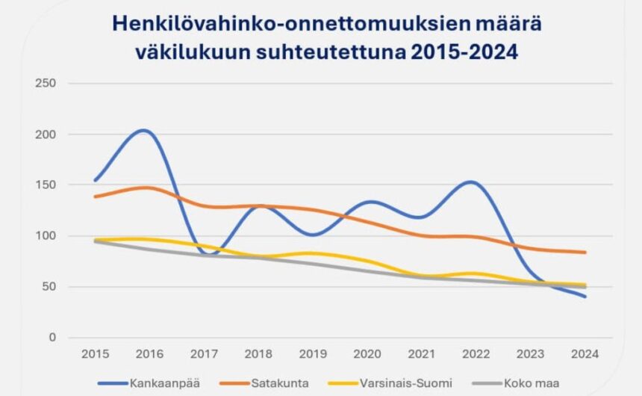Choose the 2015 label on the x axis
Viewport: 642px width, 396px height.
[96, 353]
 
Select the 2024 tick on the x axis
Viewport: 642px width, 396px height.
[585, 353]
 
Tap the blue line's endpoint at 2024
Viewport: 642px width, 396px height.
[585, 297]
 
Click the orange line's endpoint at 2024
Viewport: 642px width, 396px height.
[585, 253]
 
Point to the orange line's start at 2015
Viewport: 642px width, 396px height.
[96, 197]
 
